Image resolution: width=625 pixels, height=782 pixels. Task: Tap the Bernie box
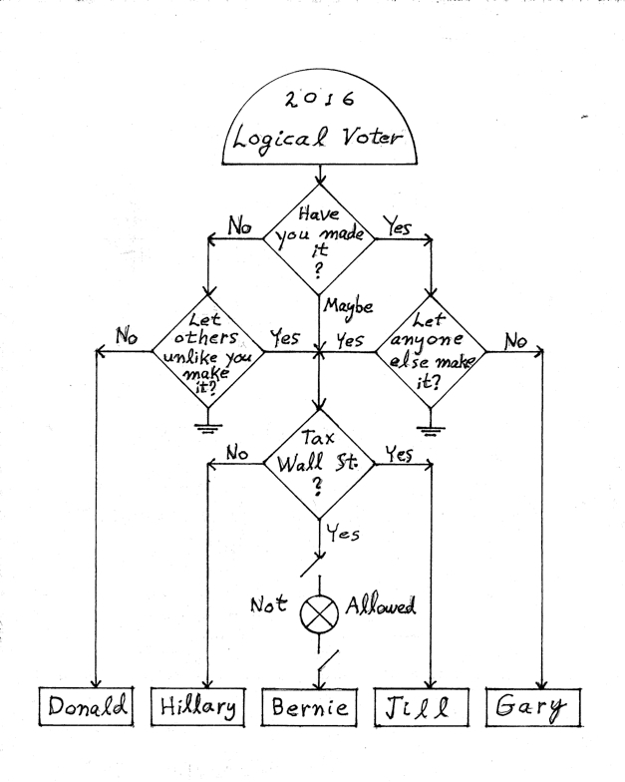pos(313,708)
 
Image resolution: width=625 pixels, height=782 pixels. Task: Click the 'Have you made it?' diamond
pos(318,238)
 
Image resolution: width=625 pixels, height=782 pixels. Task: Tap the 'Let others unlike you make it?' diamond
pos(206,352)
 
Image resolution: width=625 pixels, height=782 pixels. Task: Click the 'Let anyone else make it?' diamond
pos(431,351)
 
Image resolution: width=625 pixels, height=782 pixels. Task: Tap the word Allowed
pos(381,605)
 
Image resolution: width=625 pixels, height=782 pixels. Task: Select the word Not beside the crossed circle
pos(268,604)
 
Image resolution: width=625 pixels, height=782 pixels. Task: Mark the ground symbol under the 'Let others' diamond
pos(207,428)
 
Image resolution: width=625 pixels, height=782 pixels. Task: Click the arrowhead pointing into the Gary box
pos(541,681)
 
